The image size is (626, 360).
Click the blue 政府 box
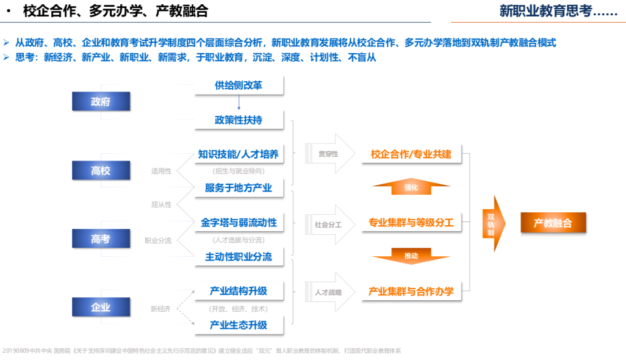click(x=101, y=101)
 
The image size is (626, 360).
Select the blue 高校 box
click(x=101, y=170)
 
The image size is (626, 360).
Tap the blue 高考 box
click(x=101, y=239)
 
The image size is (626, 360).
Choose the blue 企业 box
click(x=101, y=307)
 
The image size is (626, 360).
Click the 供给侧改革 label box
click(x=239, y=85)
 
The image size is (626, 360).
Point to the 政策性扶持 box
click(x=239, y=120)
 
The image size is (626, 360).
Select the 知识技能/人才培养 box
click(x=239, y=154)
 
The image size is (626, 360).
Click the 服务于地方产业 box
click(x=239, y=188)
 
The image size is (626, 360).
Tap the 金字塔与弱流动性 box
click(x=239, y=223)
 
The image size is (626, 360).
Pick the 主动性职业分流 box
click(x=239, y=257)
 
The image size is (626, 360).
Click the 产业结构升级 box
click(x=239, y=291)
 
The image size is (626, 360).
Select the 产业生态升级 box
click(x=239, y=325)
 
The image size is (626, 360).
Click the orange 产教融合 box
click(x=553, y=223)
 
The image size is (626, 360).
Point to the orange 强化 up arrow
click(x=411, y=186)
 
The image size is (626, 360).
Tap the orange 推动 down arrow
click(x=411, y=256)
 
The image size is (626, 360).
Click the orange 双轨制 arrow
click(x=494, y=223)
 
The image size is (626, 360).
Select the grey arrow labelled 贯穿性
click(x=330, y=154)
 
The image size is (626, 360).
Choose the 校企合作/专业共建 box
click(x=412, y=154)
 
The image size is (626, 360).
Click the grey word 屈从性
click(x=161, y=205)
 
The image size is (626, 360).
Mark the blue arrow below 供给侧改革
click(x=239, y=103)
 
